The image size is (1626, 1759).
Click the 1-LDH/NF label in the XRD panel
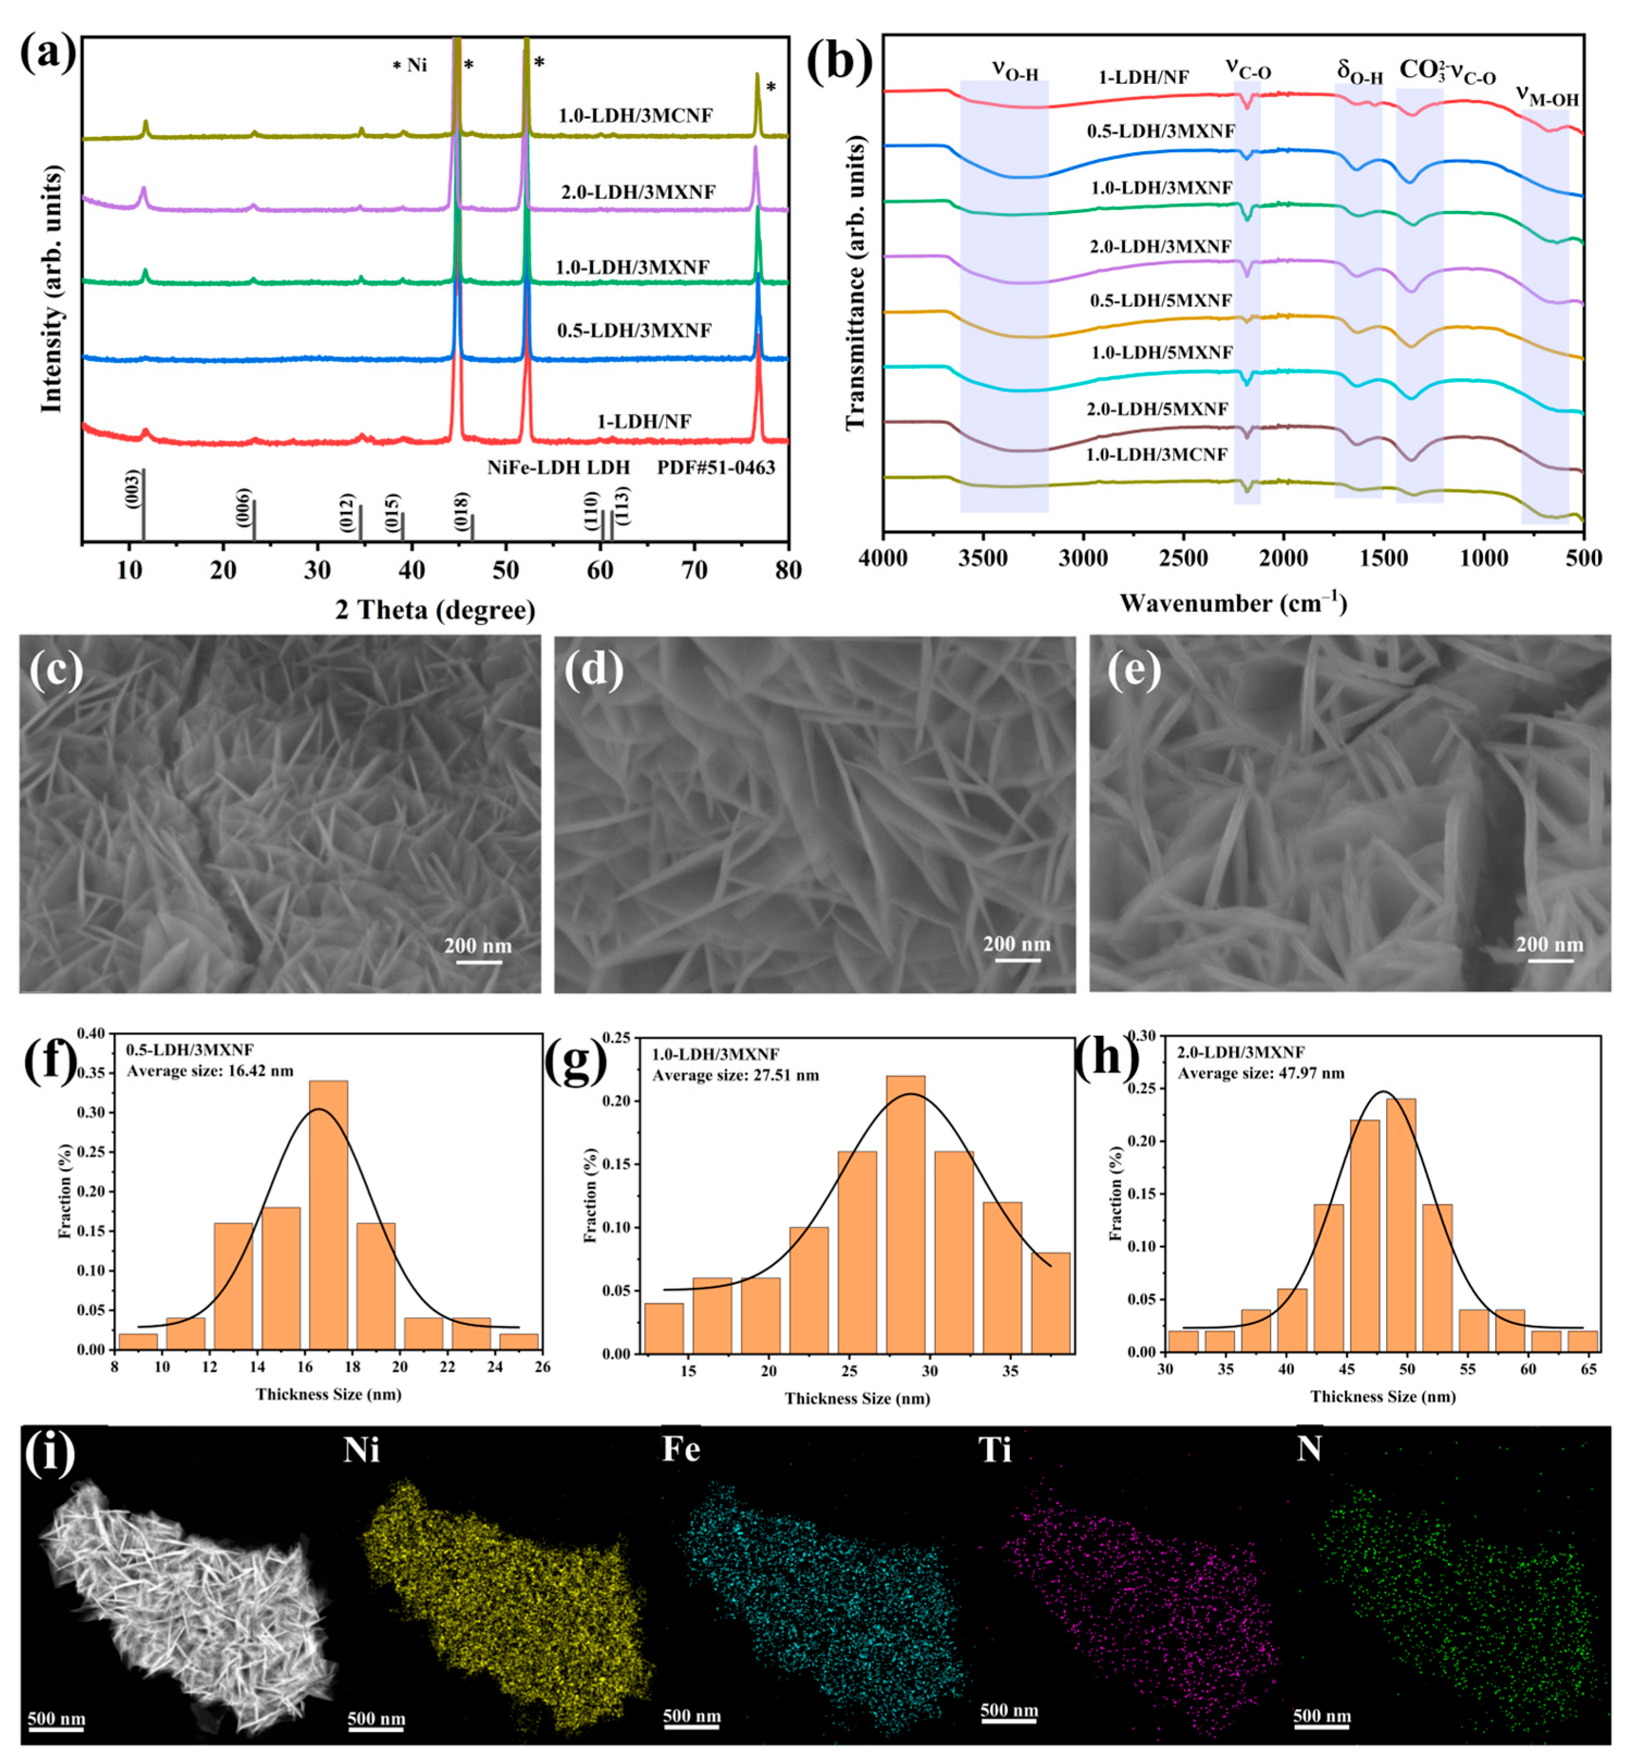pyautogui.click(x=644, y=421)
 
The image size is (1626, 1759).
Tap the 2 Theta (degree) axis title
pyautogui.click(x=435, y=610)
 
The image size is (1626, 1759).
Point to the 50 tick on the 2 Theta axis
pyautogui.click(x=505, y=571)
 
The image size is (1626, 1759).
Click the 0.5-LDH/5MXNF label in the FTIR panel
pyautogui.click(x=1160, y=301)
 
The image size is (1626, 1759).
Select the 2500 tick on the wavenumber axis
pyautogui.click(x=1183, y=558)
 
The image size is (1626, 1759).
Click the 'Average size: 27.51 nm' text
pyautogui.click(x=735, y=1076)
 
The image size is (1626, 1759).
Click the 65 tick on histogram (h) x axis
pyautogui.click(x=1589, y=1370)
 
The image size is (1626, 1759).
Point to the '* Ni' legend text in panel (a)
pyautogui.click(x=410, y=65)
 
